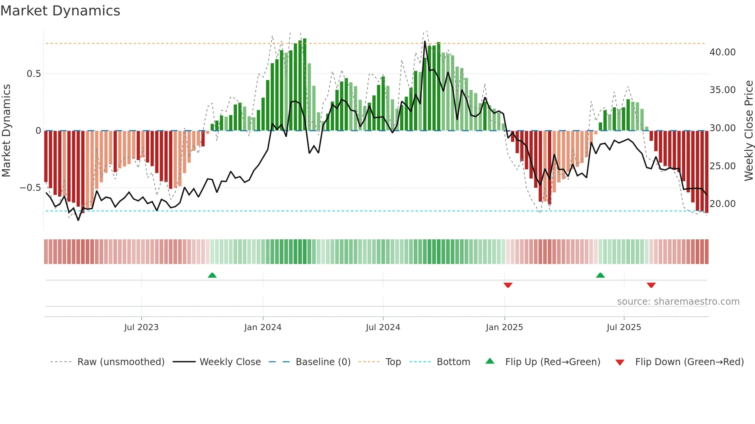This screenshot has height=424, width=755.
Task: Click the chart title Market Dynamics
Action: point(60,11)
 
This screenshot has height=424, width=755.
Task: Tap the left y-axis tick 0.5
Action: point(34,74)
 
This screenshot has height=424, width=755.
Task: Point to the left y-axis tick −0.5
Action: point(30,188)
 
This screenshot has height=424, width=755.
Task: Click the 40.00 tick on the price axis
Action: point(722,52)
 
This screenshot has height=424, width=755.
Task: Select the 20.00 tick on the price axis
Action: point(722,204)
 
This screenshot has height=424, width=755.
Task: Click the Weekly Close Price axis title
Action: point(748,131)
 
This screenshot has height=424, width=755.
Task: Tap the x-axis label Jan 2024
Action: point(263,327)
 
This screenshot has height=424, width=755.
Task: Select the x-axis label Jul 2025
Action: point(624,327)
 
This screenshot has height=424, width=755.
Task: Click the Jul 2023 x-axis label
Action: point(141,327)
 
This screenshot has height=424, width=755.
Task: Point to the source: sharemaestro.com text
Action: point(678,302)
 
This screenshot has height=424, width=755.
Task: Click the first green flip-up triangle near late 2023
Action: point(212,275)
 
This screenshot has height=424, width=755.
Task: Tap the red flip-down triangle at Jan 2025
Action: point(508,285)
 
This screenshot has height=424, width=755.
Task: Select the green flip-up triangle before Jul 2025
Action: point(600,275)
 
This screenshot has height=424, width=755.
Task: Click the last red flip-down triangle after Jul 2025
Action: point(651,285)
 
